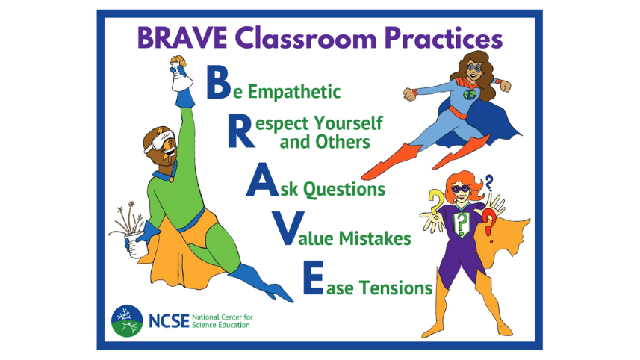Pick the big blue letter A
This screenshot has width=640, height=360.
point(263,181)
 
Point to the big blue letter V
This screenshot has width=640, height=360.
point(288,230)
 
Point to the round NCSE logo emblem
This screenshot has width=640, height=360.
point(127,320)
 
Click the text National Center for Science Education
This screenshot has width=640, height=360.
point(222,320)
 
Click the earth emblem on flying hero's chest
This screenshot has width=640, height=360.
point(468,96)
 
